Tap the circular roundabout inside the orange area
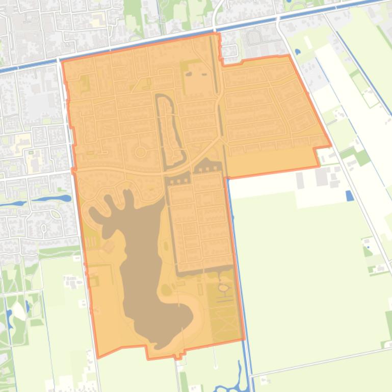tap(140, 152)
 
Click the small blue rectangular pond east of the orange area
tap(349, 195)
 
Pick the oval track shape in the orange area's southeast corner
tap(223, 288)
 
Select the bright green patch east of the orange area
tap(362, 158)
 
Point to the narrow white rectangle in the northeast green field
tap(308, 41)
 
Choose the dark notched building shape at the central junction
tap(207, 165)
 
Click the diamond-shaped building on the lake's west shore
tap(109, 247)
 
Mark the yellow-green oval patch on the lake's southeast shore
tap(167, 291)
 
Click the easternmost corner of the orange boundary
tap(330, 146)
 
